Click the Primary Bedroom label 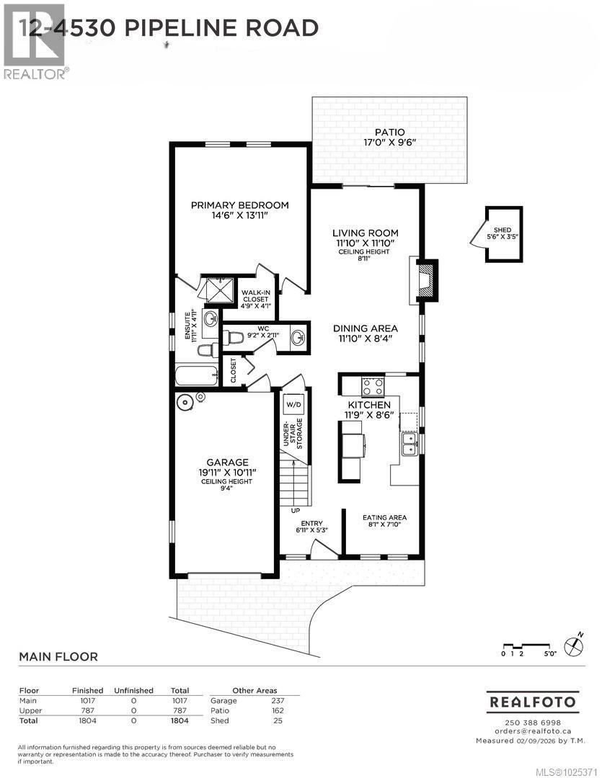239,205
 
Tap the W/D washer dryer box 293,405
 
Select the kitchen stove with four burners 372,387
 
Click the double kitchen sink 409,442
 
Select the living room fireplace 425,279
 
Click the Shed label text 503,230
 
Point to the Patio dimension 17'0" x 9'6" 389,143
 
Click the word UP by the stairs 296,510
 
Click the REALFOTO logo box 533,701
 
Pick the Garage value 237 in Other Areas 278,700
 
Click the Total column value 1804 179,720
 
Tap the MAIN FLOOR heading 58,656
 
